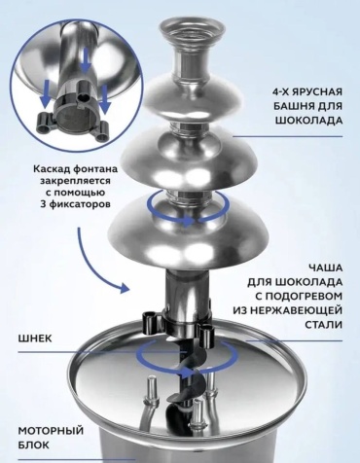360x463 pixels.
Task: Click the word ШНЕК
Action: pos(35,338)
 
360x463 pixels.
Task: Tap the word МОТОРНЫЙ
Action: pos(51,431)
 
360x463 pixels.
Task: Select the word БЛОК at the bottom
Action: pos(34,445)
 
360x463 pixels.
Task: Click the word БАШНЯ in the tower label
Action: pos(295,106)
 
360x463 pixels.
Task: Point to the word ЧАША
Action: pos(325,268)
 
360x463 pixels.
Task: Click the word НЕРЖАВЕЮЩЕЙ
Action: pos(299,310)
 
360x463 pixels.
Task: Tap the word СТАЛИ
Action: pos(323,325)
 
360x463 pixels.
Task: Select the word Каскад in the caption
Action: pos(52,169)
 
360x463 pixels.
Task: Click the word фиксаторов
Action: pos(81,204)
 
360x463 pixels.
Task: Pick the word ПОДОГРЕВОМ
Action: pos(304,296)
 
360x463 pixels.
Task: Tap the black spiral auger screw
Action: pos(186,379)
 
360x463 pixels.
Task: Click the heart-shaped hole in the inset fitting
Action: pos(84,97)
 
